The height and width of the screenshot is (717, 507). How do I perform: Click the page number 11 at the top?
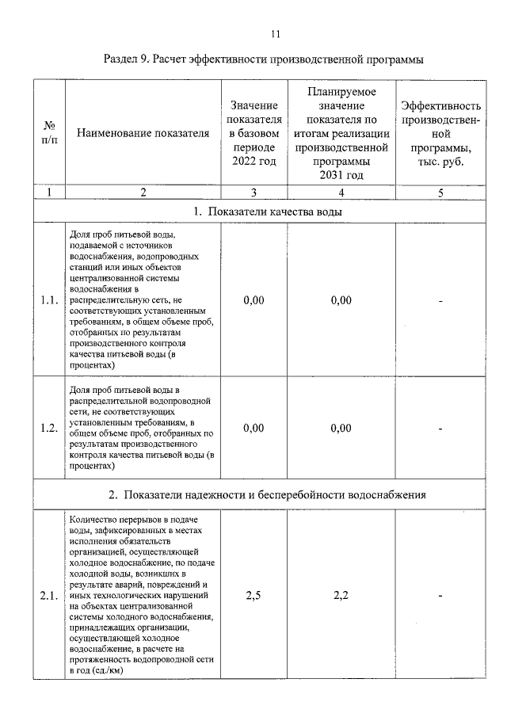(x=276, y=33)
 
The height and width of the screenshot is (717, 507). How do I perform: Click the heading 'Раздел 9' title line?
(x=264, y=59)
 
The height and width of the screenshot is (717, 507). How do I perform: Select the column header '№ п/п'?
(x=49, y=132)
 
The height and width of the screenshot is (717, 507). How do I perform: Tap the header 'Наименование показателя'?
(x=143, y=133)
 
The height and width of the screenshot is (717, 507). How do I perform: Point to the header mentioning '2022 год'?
(x=253, y=133)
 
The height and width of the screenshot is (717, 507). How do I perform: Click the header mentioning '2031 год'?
(x=341, y=133)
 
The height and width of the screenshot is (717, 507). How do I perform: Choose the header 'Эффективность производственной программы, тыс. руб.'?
(x=440, y=133)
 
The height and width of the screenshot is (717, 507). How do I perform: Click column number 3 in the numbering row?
(x=253, y=192)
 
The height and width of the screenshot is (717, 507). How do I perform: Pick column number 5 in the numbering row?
(x=440, y=192)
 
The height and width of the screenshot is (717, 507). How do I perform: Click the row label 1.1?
(x=49, y=300)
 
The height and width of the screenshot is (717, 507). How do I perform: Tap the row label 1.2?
(x=49, y=429)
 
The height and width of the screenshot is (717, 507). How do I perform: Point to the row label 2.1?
(x=49, y=597)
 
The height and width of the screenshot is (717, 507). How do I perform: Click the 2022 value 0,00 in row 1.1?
(x=253, y=300)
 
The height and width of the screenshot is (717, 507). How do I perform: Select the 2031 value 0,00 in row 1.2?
(x=341, y=429)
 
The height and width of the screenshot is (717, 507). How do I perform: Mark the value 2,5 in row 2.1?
(x=253, y=597)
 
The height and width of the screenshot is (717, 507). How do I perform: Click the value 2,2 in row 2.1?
(x=341, y=597)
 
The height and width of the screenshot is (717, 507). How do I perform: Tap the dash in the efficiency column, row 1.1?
(x=440, y=300)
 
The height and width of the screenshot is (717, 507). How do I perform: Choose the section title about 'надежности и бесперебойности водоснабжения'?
(x=268, y=495)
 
